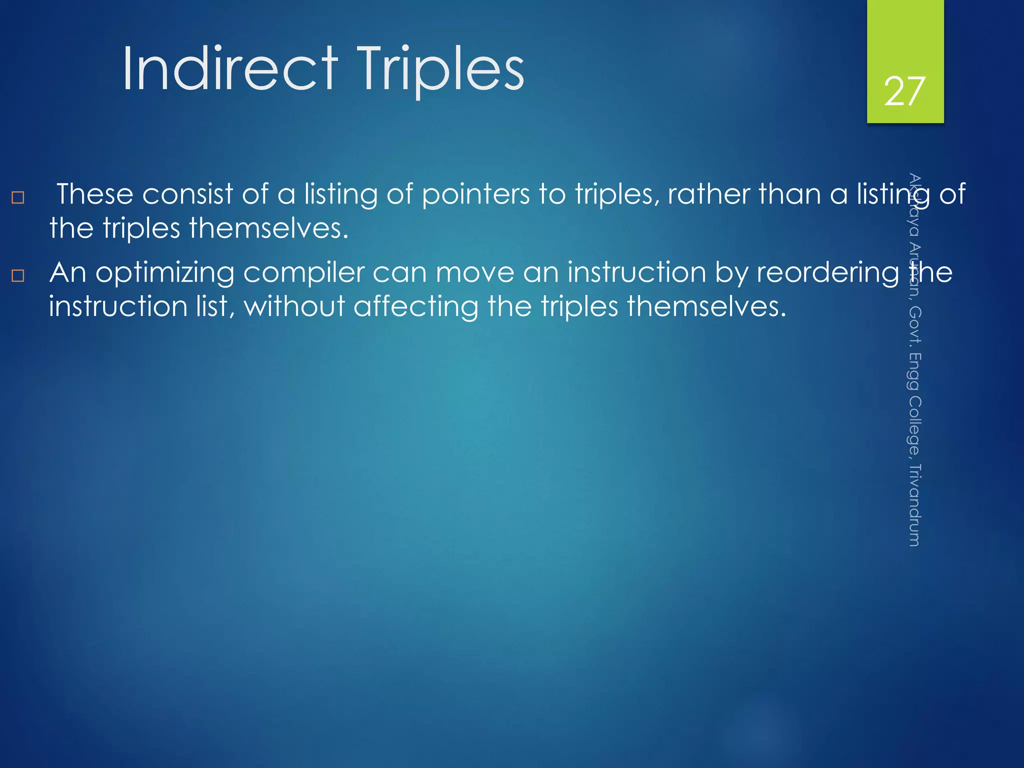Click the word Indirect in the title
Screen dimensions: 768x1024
230,68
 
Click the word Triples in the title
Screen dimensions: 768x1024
440,68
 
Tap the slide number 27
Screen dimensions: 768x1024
904,91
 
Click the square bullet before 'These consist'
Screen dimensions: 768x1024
18,197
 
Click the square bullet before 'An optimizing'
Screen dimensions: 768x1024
18,275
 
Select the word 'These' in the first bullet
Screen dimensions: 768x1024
94,194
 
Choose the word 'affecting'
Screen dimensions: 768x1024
415,306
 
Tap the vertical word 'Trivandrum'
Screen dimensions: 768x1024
914,505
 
